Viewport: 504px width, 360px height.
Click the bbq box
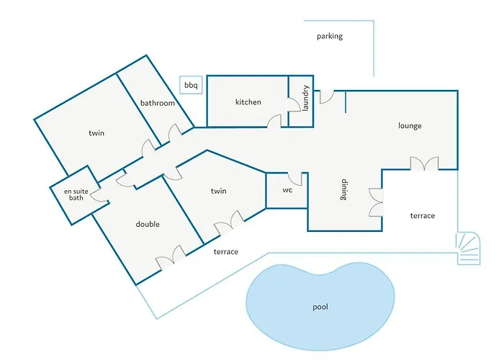(x=191, y=85)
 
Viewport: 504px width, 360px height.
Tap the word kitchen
(x=248, y=102)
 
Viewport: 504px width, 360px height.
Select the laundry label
(x=306, y=98)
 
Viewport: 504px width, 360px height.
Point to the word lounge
(x=410, y=126)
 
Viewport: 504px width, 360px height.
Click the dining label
(x=344, y=189)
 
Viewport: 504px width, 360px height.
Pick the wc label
(x=287, y=190)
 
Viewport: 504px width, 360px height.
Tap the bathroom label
(x=158, y=103)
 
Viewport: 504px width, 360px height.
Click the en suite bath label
(x=76, y=194)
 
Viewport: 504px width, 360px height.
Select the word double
(x=148, y=224)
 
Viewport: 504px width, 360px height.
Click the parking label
(x=330, y=36)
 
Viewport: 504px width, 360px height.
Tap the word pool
(x=320, y=307)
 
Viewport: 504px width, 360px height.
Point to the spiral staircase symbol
(x=469, y=249)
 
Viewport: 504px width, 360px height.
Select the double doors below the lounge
(x=424, y=163)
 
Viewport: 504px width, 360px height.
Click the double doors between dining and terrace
(x=376, y=202)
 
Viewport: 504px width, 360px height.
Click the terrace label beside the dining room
(x=423, y=216)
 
